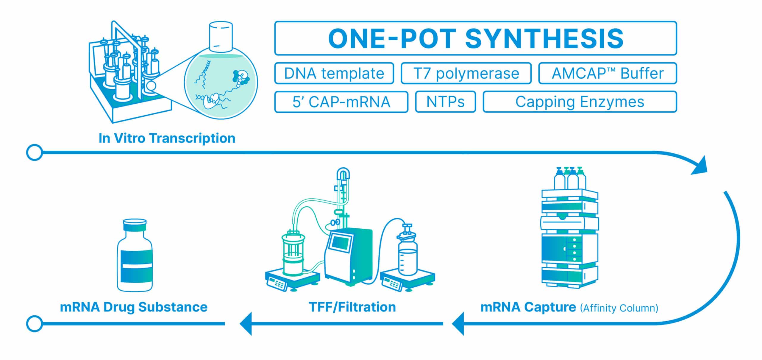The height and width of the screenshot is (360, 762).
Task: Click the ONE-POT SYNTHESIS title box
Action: coord(475,38)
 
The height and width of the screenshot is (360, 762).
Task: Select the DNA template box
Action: coord(334,73)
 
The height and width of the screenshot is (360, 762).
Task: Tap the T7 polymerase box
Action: coord(466,73)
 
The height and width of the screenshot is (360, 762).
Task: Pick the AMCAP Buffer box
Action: coord(608,73)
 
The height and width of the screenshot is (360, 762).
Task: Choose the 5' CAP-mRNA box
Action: coord(341,102)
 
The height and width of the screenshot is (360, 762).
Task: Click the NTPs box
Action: coord(445,102)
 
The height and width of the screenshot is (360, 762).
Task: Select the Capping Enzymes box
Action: coord(580,102)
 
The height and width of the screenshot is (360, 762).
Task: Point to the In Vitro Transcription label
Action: coord(167,138)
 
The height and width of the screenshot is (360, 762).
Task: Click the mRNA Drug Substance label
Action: coord(134,307)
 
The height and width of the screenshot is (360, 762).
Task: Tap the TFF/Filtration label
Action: coord(352,307)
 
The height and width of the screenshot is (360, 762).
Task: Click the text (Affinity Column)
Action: coord(619,308)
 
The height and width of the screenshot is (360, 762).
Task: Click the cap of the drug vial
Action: coord(135,225)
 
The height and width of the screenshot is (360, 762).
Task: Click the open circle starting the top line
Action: coord(35,152)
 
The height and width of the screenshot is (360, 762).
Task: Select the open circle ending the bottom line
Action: coord(35,324)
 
